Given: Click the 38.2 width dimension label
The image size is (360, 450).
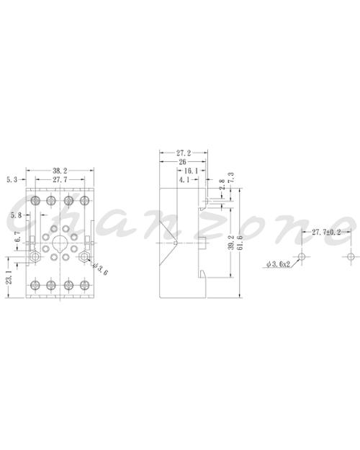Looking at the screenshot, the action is click(x=60, y=171).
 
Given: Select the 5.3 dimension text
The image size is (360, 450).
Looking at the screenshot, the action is click(x=12, y=180).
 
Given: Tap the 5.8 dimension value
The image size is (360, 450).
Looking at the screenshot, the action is click(x=16, y=215).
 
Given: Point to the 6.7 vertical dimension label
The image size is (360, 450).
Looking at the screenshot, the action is click(x=17, y=236).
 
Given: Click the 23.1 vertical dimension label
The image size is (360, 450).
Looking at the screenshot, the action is click(x=9, y=277).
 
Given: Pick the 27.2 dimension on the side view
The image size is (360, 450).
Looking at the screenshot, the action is click(x=184, y=153).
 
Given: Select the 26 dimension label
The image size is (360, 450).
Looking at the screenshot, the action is click(x=182, y=162).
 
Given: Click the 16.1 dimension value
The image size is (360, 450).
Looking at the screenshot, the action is click(x=191, y=171).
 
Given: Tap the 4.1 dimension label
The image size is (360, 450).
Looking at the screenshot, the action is click(x=184, y=180).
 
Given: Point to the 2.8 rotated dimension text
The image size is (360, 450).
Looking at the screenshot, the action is click(x=222, y=184).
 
